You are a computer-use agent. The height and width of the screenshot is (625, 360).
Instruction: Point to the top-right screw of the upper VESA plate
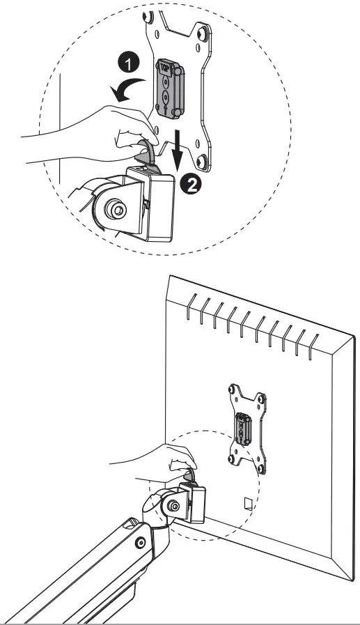[x=203, y=36]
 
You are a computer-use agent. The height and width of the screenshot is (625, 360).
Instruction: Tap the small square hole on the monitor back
[x=246, y=502]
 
